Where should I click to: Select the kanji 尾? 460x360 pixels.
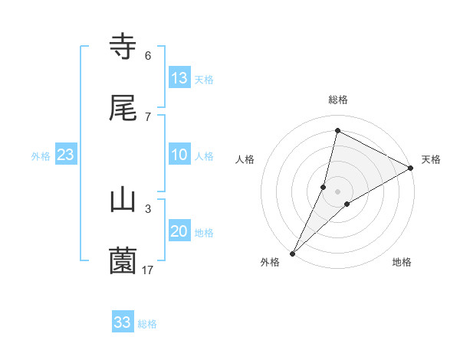click(x=123, y=110)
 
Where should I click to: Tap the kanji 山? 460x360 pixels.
click(x=123, y=200)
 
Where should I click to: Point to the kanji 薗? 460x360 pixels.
click(x=123, y=261)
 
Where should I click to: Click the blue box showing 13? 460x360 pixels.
click(x=179, y=78)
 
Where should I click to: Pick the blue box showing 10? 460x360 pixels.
click(x=179, y=155)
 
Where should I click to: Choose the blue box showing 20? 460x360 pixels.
click(x=179, y=231)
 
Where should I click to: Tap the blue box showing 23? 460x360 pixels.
click(x=66, y=155)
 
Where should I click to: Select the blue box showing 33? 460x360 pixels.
click(x=123, y=322)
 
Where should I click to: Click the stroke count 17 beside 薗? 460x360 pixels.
click(x=148, y=270)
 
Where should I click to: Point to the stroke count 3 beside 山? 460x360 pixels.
click(x=148, y=208)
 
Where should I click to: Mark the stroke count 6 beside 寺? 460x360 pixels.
click(x=148, y=56)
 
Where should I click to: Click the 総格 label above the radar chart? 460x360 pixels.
click(x=338, y=100)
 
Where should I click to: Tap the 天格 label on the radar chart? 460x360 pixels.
click(x=431, y=159)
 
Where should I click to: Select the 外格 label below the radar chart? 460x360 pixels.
click(x=270, y=262)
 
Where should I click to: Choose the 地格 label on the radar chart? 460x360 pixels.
click(x=402, y=262)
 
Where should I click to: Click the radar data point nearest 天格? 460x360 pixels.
click(x=411, y=168)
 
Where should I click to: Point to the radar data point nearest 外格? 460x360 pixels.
click(x=293, y=253)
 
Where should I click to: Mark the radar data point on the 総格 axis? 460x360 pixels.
click(x=337, y=130)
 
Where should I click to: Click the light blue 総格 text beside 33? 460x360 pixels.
click(x=147, y=324)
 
